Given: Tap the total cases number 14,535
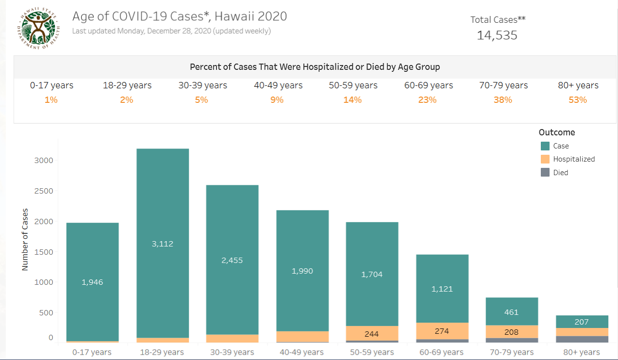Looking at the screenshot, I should click(497, 35).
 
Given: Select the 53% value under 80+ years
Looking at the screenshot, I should click(578, 100).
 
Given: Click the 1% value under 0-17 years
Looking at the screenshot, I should click(51, 100).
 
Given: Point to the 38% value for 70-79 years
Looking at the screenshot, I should click(503, 100).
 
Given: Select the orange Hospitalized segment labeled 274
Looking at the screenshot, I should click(442, 331).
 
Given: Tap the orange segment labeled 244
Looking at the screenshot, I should click(372, 333).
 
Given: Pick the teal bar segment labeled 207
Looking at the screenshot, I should click(582, 322).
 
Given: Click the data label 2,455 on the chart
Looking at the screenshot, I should click(232, 261).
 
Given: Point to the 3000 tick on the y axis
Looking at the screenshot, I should click(43, 161).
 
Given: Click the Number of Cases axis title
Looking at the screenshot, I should click(25, 240).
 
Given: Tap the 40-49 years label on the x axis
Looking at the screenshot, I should click(302, 352).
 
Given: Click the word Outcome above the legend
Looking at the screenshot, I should click(556, 132).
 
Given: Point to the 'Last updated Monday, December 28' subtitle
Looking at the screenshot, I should click(171, 31).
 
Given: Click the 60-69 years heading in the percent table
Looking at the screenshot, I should click(429, 85).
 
